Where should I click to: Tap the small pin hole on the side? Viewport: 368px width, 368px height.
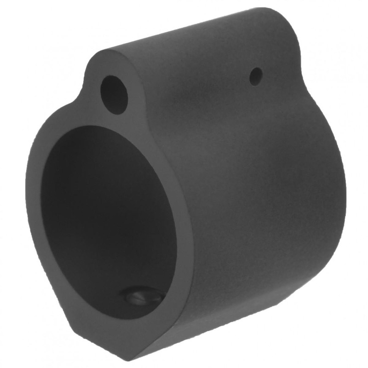[256, 76]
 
